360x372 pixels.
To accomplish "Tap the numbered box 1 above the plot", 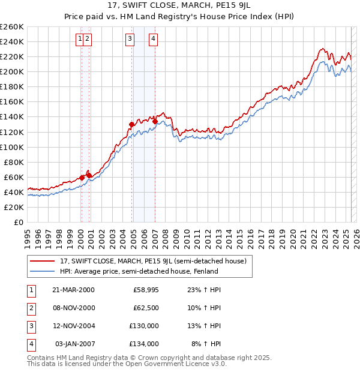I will pos(80,40).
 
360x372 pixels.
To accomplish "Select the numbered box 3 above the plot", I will pos(130,40).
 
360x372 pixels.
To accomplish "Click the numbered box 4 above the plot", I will pos(154,40).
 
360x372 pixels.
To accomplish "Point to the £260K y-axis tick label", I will pos(11,27).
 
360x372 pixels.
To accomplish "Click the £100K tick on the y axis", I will pos(11,147).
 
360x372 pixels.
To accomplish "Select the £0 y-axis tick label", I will pos(18,222).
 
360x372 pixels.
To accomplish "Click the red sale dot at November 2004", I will pos(131,124).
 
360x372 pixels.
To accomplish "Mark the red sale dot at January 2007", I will pos(155,121).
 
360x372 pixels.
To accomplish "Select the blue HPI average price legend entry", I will pos(139,271).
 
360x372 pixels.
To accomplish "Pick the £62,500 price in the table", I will pos(146,308).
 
